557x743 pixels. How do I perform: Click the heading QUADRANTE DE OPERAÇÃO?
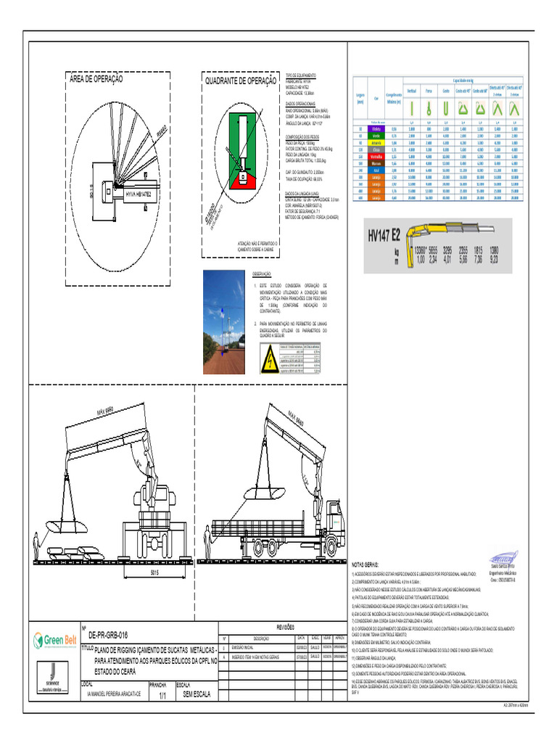tap(240, 81)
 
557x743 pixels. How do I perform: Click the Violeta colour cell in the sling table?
tap(376, 128)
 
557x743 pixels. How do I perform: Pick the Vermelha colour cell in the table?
tap(376, 156)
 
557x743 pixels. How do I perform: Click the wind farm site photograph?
tap(223, 317)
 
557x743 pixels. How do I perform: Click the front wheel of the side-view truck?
tap(331, 543)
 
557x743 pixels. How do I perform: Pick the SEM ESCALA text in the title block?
tap(197, 694)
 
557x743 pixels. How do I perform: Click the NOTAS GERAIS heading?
tap(365, 564)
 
